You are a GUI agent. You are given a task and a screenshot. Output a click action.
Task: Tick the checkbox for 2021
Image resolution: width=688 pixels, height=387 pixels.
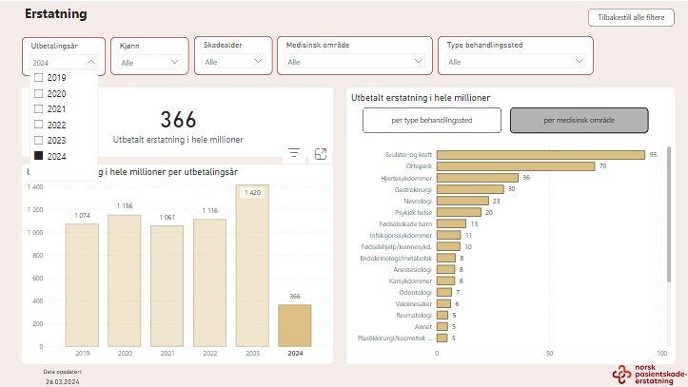coord(38,109)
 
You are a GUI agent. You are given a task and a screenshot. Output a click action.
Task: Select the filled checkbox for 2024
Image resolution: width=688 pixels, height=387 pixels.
coord(38,155)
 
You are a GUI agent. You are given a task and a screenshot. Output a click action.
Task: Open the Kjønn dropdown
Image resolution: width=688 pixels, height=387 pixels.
coord(147,62)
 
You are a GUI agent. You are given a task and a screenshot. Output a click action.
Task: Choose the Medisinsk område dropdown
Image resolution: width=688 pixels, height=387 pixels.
coord(353,62)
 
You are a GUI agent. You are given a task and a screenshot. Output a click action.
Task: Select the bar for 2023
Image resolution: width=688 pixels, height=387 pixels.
coord(252,266)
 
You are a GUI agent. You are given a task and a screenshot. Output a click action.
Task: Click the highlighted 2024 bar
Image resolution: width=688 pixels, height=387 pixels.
coord(294,325)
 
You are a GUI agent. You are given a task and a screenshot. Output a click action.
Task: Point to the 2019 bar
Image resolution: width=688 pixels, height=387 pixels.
coord(82,285)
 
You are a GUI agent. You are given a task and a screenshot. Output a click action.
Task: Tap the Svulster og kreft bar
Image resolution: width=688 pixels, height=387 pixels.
coord(541,154)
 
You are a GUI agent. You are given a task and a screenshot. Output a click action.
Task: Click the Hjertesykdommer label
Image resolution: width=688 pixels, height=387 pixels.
coord(406,178)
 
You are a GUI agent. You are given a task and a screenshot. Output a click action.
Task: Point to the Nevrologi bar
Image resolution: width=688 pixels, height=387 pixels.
coord(462,201)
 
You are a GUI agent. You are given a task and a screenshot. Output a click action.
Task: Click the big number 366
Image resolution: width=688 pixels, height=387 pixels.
coord(178,120)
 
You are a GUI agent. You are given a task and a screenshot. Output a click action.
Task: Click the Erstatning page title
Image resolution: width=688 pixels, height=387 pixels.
coord(56,15)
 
